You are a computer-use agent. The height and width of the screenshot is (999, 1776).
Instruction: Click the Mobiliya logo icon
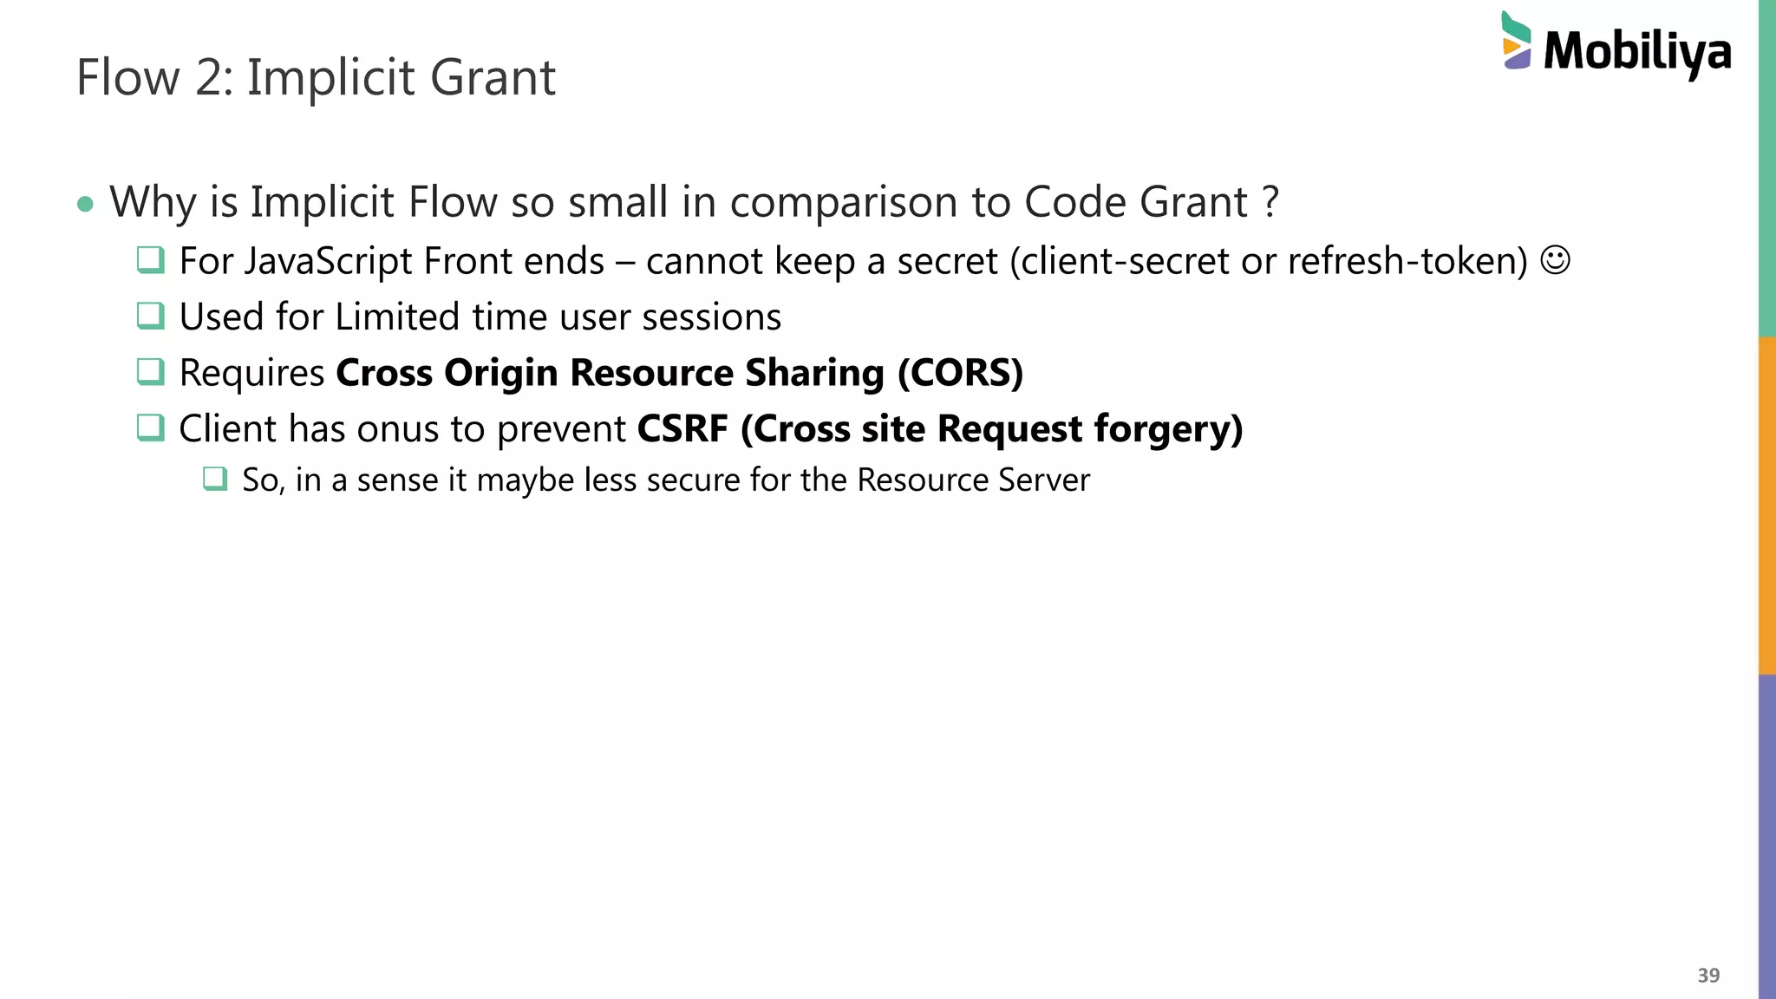1516,41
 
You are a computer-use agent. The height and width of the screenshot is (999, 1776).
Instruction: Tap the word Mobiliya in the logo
1637,52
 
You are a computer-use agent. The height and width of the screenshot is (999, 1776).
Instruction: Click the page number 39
1708,976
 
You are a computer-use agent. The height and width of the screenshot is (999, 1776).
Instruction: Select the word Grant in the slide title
493,78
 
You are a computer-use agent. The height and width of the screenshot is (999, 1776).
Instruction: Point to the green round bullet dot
85,205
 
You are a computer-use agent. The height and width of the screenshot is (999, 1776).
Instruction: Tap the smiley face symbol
1555,260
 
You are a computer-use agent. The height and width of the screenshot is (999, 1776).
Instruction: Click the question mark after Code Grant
1270,203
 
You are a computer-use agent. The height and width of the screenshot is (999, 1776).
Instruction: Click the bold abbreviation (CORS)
960,373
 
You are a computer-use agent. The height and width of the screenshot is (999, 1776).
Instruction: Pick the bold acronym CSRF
682,429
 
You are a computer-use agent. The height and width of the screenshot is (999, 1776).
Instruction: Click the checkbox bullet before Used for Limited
151,316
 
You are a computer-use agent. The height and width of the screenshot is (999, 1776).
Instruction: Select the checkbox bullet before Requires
151,372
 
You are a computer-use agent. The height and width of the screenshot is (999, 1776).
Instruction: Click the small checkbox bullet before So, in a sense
215,479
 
